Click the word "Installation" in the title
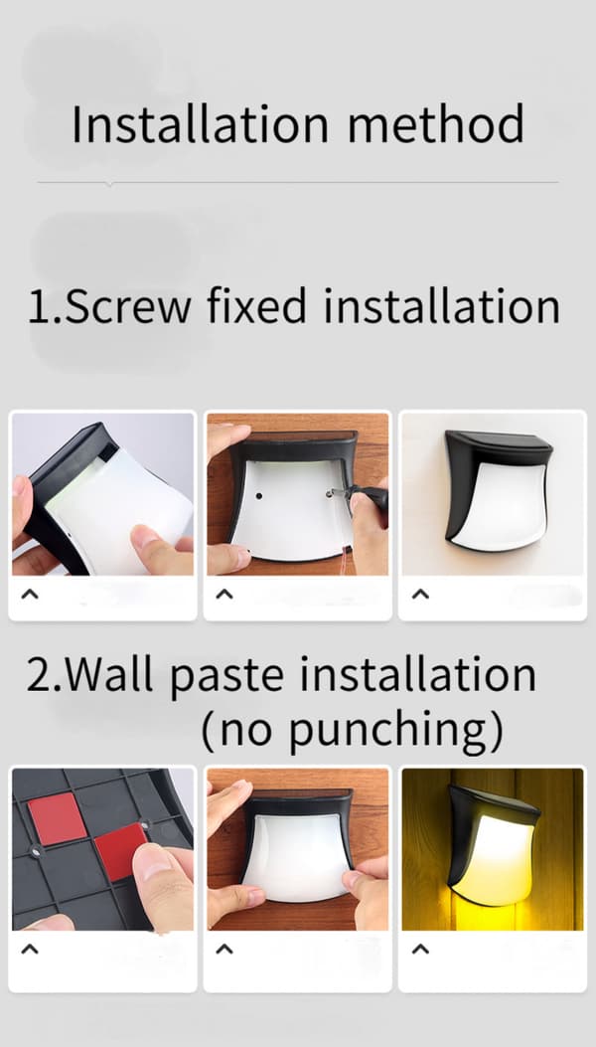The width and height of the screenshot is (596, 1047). click(x=201, y=123)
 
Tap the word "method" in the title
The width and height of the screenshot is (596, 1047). click(x=436, y=123)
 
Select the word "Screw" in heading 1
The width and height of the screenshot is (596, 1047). click(x=128, y=306)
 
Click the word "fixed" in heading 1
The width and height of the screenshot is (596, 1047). click(x=256, y=306)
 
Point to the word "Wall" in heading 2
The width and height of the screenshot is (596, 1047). click(x=110, y=674)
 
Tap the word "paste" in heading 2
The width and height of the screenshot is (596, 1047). click(x=226, y=677)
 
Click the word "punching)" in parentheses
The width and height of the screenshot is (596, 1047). click(x=396, y=732)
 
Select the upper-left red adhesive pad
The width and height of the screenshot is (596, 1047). click(x=57, y=818)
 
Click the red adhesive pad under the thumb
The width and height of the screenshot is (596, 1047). click(x=121, y=851)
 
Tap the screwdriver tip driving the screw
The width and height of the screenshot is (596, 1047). click(x=331, y=493)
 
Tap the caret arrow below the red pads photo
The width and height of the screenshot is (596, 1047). click(x=30, y=949)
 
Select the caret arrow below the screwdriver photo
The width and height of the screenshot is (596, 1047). click(x=224, y=594)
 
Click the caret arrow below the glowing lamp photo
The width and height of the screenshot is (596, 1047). click(x=420, y=949)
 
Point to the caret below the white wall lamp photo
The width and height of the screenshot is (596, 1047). click(x=420, y=594)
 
